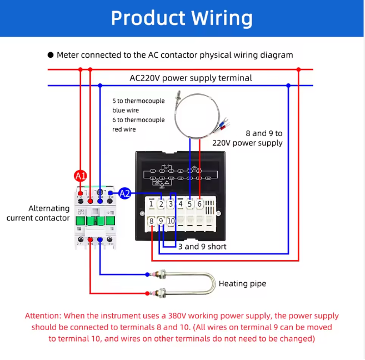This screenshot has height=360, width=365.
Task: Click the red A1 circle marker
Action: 81,176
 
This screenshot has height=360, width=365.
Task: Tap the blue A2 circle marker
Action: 125,193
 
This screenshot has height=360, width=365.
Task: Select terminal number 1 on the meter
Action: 151,204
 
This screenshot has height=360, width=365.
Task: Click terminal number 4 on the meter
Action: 180,204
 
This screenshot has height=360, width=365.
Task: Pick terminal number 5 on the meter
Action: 190,204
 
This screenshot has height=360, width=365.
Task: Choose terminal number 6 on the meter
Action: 199,204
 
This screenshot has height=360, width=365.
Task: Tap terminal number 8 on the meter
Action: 151,221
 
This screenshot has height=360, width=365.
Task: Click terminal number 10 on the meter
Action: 171,221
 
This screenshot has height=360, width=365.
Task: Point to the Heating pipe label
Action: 242,283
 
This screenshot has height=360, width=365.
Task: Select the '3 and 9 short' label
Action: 202,246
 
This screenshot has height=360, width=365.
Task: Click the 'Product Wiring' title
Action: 182,18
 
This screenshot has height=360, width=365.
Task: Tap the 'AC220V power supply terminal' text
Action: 191,78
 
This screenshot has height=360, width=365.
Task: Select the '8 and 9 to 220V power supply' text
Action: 248,138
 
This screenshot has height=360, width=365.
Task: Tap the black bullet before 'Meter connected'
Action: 51,55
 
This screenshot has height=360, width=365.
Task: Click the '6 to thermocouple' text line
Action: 138,120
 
